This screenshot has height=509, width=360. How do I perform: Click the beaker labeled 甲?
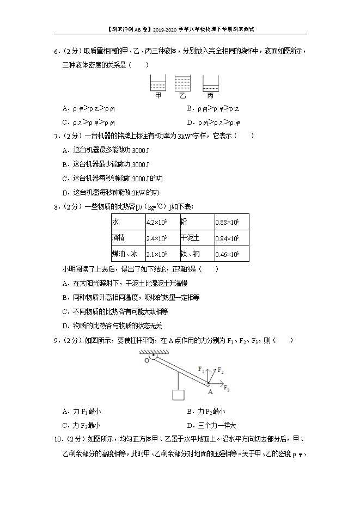click(x=157, y=83)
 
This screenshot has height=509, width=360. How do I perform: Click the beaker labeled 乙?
click(x=182, y=83)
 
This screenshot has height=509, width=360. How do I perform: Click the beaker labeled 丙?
click(x=210, y=84)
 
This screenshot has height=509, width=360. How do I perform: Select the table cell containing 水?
click(x=127, y=222)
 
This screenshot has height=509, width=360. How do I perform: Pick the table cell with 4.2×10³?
click(x=162, y=222)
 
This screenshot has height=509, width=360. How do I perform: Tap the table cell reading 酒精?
click(x=127, y=238)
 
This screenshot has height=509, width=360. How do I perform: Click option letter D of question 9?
click(x=189, y=426)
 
